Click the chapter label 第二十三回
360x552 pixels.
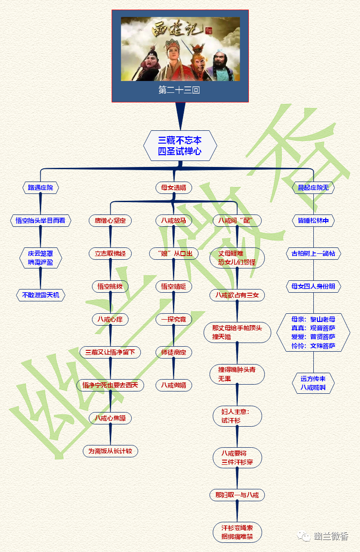tap(179, 90)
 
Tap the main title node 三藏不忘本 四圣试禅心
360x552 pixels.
tap(180, 145)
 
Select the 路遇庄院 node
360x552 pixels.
tap(40, 188)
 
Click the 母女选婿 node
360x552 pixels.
tap(173, 188)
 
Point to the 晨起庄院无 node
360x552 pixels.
tap(313, 188)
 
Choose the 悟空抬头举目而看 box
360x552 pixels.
tap(40, 220)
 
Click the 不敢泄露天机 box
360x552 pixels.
tap(40, 295)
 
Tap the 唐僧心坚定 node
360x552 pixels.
tap(110, 220)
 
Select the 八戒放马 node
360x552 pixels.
tap(173, 220)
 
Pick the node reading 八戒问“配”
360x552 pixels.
tap(237, 220)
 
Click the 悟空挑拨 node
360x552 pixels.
tap(110, 286)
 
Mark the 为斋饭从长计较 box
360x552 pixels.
tap(110, 451)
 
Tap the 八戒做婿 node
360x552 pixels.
tap(173, 385)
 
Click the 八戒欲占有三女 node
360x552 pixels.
tap(237, 295)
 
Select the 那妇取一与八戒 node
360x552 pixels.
tap(237, 495)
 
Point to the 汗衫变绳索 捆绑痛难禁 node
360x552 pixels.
tap(237, 532)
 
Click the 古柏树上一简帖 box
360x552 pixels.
tap(313, 253)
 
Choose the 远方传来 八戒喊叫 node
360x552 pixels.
tap(313, 383)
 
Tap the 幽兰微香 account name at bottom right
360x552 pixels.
tap(332, 536)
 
